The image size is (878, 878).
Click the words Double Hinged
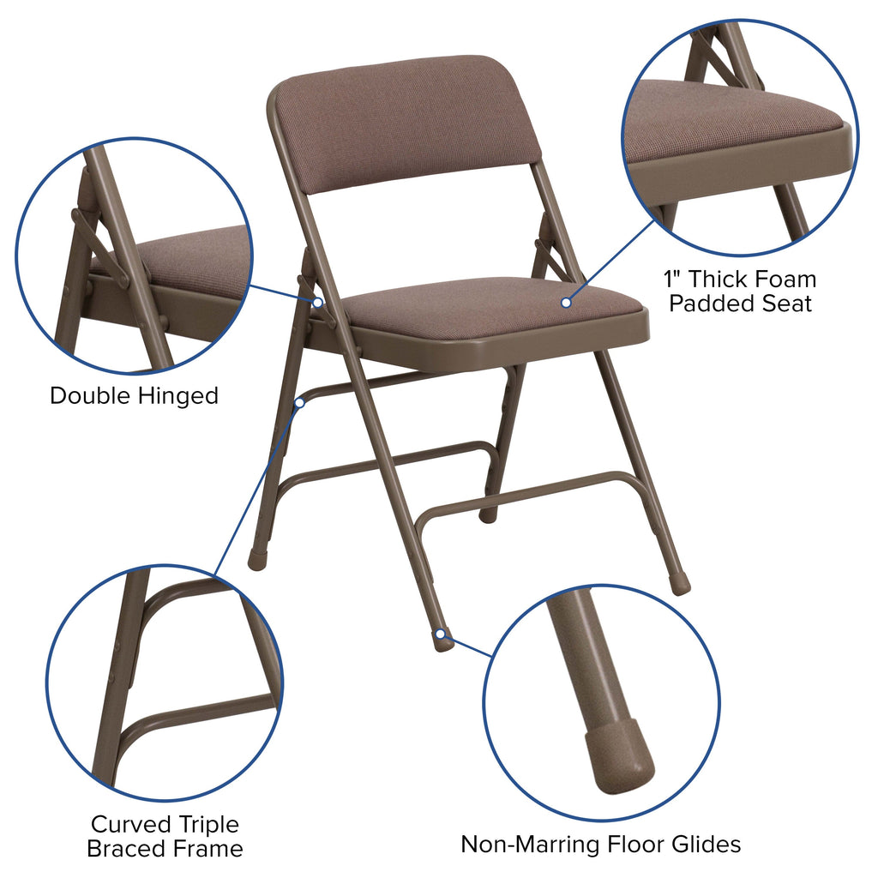point(134,396)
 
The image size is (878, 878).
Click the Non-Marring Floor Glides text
point(600,844)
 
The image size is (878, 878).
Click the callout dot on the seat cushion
point(566,302)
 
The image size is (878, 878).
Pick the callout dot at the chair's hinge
point(317,302)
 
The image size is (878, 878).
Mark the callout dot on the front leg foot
point(440,634)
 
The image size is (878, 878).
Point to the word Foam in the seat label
point(781,279)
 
